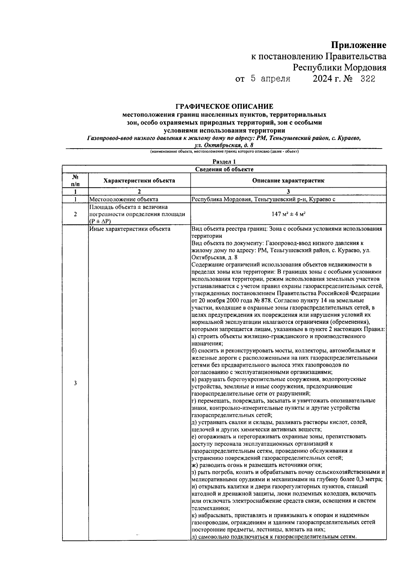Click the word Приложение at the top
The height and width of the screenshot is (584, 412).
358,45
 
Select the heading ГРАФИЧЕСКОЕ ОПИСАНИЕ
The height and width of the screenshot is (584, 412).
224,107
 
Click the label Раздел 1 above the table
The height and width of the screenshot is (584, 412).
224,162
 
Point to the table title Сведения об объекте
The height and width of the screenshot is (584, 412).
224,169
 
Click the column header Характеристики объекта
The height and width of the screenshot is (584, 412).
139,180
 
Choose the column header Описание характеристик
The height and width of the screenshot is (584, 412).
288,180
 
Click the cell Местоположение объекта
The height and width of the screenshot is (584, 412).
124,199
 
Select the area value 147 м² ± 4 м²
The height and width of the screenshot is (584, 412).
288,214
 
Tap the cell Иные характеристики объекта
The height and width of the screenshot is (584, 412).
130,229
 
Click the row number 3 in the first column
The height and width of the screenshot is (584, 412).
75,383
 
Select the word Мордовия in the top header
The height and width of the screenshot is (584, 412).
365,68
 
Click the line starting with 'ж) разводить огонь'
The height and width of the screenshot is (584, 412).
256,465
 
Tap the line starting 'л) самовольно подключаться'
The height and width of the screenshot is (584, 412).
274,537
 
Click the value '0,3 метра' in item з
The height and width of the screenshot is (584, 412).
370,479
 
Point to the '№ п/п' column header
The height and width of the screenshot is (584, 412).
75,180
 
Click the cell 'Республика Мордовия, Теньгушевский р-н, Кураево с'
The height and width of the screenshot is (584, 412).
263,199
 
